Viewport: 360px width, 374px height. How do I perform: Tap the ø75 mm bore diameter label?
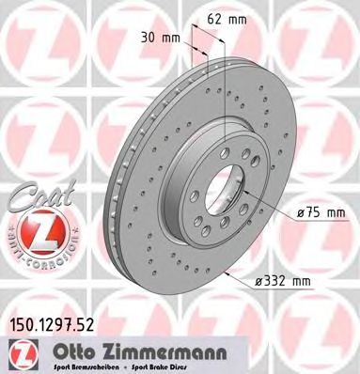[x=321, y=211]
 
